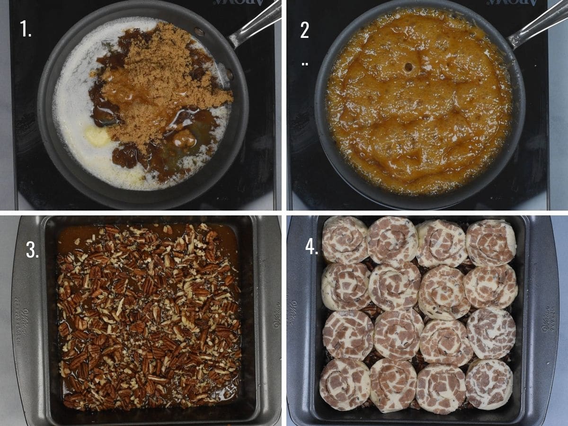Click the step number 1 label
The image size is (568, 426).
(26, 29)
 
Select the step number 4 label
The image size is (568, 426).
(311, 247)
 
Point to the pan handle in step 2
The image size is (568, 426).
(540, 24)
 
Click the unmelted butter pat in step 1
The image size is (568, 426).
(98, 137)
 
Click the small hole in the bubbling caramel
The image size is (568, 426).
(408, 67)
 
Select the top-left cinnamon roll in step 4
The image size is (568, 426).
(345, 240)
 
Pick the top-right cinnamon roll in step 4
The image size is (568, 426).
(491, 242)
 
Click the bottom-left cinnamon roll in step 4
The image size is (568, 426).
(344, 383)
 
